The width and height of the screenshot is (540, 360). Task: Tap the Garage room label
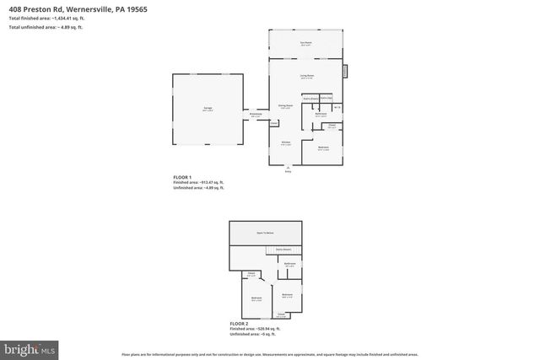(207, 109)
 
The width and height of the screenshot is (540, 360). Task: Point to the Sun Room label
(306, 43)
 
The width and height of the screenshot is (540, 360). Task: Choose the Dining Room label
(286, 106)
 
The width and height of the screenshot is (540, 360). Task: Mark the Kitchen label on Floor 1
(286, 142)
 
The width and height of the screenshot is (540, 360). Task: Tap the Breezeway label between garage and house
(256, 116)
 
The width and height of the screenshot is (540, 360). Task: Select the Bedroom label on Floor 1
(323, 148)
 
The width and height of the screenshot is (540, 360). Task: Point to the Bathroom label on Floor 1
(321, 115)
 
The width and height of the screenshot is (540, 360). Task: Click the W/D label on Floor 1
(337, 106)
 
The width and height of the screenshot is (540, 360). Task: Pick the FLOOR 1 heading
(182, 177)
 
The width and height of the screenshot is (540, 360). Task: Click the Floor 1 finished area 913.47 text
(199, 182)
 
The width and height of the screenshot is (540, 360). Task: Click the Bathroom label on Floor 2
(289, 265)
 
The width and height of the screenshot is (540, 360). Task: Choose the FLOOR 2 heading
(240, 324)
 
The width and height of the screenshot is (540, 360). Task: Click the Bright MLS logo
(30, 347)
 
